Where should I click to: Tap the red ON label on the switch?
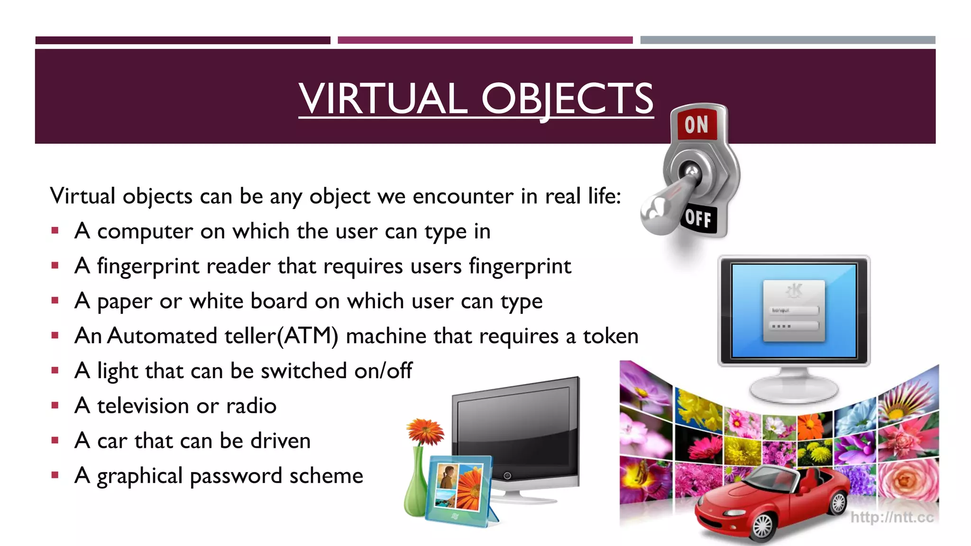696,125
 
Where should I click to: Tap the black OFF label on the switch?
698,218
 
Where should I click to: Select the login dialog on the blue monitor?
794,310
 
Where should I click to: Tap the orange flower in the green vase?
425,431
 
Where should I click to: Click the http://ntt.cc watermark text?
892,517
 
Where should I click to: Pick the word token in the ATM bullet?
611,336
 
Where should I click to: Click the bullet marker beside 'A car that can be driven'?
55,440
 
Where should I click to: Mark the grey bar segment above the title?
788,40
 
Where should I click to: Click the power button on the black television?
507,475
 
